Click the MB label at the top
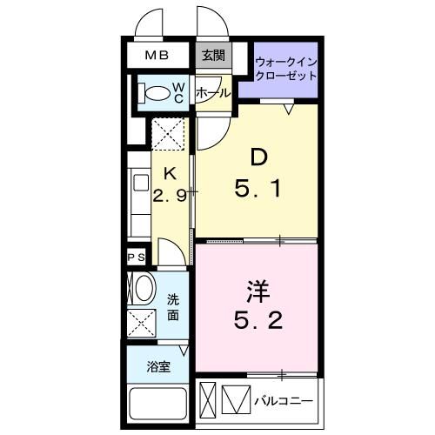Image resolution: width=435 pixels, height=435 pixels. click(x=157, y=56)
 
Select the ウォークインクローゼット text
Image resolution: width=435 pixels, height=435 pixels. click(x=285, y=68)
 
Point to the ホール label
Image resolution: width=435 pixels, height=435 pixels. click(x=212, y=92)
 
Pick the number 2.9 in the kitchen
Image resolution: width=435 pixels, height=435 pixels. click(x=171, y=196)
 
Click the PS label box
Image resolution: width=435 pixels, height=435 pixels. click(x=137, y=257)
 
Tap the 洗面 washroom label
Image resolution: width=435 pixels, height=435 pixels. click(x=173, y=307)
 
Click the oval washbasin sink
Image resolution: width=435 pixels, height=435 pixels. click(x=143, y=288)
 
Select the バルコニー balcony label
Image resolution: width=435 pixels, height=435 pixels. click(x=284, y=401)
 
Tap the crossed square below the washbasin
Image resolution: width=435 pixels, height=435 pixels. click(x=142, y=323)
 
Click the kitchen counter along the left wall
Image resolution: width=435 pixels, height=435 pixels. click(x=139, y=196)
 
